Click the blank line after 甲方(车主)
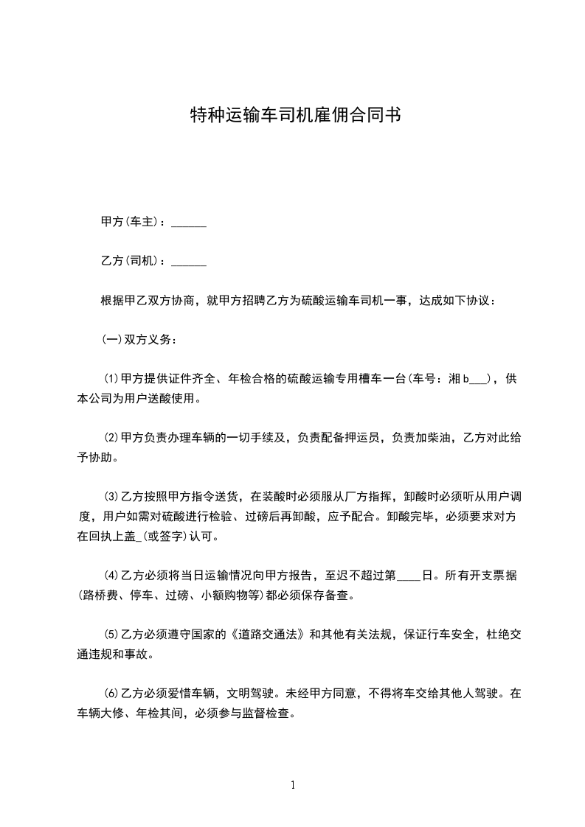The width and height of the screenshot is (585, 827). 189,223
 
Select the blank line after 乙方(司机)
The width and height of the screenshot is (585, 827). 189,262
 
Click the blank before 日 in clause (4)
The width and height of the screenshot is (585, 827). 408,577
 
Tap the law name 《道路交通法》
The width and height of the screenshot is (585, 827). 263,635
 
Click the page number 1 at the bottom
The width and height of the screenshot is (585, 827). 293,786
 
